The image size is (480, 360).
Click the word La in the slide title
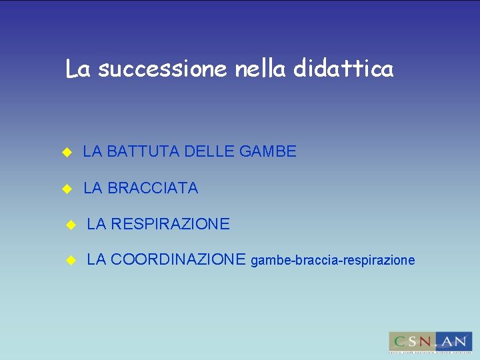tap(78, 69)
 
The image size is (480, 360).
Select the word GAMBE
tap(267, 152)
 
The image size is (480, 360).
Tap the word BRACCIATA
tap(153, 189)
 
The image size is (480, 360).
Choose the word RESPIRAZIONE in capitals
tap(170, 225)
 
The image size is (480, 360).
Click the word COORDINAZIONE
tap(179, 260)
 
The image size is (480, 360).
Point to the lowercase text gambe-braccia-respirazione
tap(333, 261)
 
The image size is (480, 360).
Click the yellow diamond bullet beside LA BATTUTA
tap(66, 153)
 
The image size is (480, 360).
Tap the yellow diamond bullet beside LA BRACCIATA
tap(66, 189)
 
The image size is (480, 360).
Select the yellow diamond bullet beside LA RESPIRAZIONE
tap(70, 225)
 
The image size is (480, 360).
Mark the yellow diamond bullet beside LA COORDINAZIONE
tap(70, 261)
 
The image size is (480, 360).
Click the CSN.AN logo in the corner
tap(430, 342)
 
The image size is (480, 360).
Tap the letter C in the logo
tap(398, 341)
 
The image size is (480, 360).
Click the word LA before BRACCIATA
tap(93, 189)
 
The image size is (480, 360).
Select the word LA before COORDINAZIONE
tap(97, 260)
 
